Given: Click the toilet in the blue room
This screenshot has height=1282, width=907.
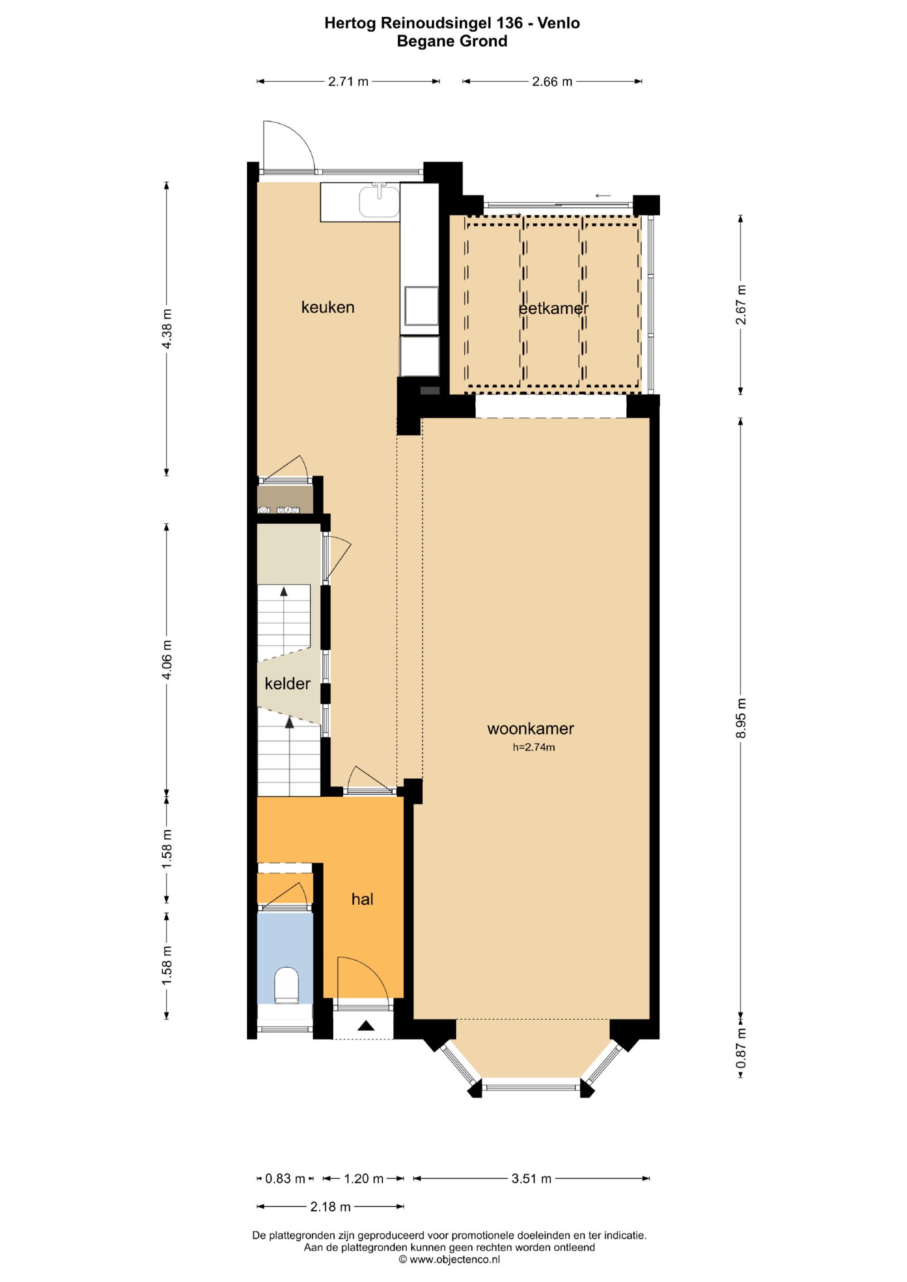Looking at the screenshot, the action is click(x=287, y=985).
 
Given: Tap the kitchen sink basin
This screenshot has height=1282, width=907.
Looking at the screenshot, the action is click(x=379, y=201).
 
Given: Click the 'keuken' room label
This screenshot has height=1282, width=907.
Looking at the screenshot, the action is click(x=328, y=307).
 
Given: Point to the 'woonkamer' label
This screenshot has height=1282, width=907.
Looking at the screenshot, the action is click(x=531, y=729).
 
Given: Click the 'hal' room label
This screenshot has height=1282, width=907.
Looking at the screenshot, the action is click(x=362, y=899).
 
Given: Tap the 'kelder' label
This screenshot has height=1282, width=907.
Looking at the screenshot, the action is click(x=287, y=683).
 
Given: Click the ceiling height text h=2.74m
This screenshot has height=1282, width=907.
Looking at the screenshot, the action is click(x=534, y=747).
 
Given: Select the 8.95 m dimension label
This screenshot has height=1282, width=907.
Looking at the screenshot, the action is click(x=741, y=718).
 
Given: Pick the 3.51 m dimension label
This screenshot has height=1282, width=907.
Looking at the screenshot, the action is click(x=531, y=1179).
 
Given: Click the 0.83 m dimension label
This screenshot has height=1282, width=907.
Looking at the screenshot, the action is click(x=285, y=1179).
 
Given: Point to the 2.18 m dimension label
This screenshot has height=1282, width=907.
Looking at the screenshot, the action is click(x=331, y=1207).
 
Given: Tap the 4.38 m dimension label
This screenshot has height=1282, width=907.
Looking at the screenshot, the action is click(x=166, y=328).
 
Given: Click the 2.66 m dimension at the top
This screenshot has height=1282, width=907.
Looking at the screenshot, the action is click(x=552, y=82).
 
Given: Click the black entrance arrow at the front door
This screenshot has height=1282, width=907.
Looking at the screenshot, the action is click(x=366, y=1025).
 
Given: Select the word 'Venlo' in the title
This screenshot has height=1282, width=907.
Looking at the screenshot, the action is click(x=559, y=23).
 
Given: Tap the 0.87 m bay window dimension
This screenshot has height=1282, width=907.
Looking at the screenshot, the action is click(x=741, y=1048).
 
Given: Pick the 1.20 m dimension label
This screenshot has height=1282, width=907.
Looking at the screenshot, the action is click(x=364, y=1179).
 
